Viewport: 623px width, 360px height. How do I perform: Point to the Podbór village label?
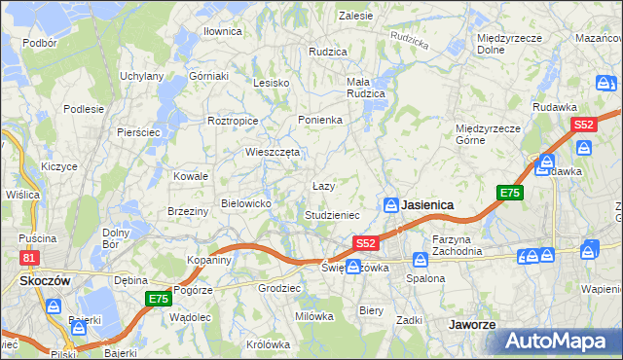click(x=39, y=44)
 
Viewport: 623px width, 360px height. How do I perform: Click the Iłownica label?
click(x=222, y=31)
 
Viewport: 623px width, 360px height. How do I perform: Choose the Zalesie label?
click(x=355, y=16)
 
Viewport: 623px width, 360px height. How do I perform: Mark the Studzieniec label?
click(x=332, y=214)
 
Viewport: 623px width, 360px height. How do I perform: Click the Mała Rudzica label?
click(x=366, y=88)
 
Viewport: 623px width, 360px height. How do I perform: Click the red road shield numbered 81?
click(x=30, y=257)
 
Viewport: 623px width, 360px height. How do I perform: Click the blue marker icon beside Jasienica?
click(x=390, y=204)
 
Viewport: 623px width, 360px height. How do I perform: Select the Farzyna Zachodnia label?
click(x=458, y=244)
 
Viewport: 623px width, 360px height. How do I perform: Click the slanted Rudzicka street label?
click(x=408, y=39)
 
